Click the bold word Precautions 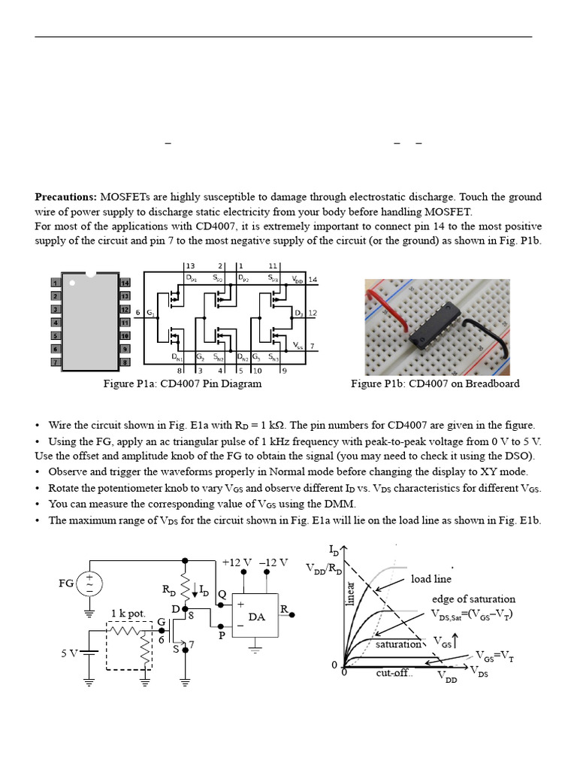coord(65,197)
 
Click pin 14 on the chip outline coord(125,283)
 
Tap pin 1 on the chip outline coord(55,283)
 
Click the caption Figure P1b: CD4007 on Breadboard coord(435,383)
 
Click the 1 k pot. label coord(128,613)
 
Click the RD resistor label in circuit coord(170,590)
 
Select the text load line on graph coord(431,579)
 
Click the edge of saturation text coord(473,599)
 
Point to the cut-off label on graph coord(394,673)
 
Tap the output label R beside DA coord(284,608)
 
